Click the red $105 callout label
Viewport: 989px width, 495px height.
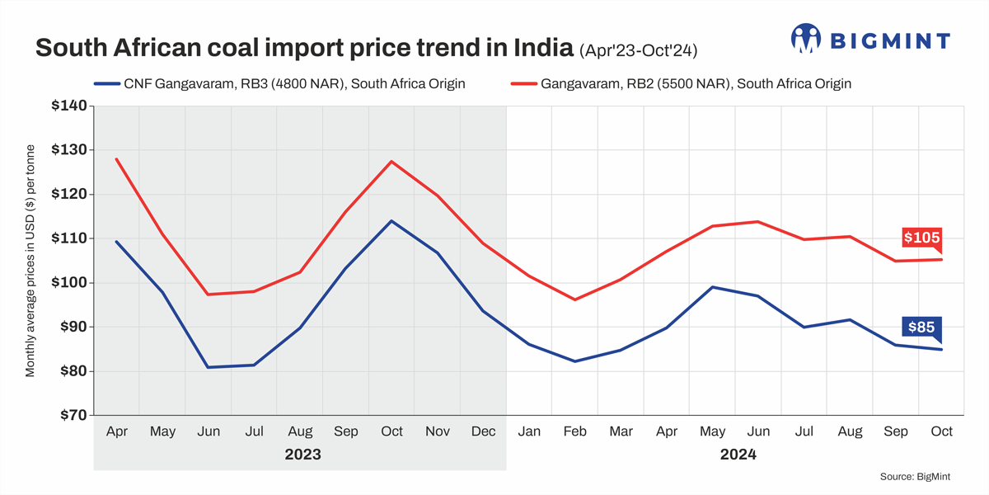(921, 238)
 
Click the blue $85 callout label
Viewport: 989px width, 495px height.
(921, 328)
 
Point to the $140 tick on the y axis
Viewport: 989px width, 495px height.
(69, 106)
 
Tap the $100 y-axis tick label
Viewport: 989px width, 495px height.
(69, 283)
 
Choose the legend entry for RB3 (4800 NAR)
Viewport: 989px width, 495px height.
(280, 83)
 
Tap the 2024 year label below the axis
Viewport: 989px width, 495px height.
(737, 455)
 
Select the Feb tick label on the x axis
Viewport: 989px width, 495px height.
(574, 431)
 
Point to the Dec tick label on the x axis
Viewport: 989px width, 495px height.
(482, 431)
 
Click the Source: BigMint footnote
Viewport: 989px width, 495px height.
(923, 477)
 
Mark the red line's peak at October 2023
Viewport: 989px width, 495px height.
(391, 161)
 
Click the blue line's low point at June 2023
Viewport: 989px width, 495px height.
(208, 367)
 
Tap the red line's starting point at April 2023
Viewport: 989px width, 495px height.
(117, 158)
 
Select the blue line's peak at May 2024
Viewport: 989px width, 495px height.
(712, 287)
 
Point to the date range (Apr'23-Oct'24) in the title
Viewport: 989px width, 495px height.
(639, 49)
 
